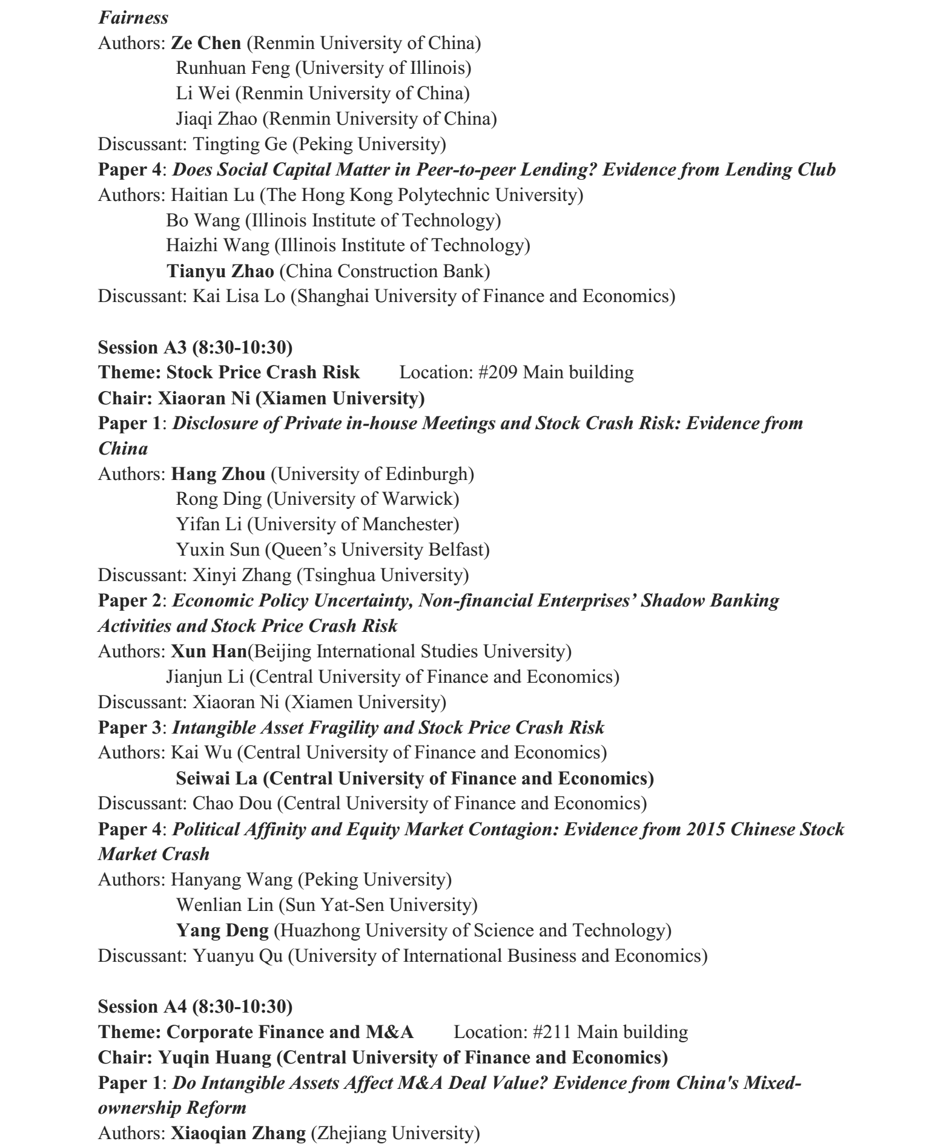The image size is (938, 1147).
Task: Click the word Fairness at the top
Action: coord(133,17)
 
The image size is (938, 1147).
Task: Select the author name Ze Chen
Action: coord(206,43)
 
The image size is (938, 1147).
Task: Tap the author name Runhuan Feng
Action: coord(233,68)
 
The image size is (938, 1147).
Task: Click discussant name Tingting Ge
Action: coord(240,144)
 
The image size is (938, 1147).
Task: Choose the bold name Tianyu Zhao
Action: coord(220,271)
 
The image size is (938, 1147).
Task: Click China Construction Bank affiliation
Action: coord(387,271)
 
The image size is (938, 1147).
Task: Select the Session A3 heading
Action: coord(195,347)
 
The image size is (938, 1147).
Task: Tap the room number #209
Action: coord(497,372)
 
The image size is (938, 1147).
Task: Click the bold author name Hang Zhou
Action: coord(218,473)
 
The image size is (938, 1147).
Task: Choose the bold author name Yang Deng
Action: coord(222,930)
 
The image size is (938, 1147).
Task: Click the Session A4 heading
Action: coord(195,1006)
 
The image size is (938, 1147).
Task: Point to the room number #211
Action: coord(552,1031)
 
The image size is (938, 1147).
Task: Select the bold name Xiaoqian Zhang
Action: coord(238,1132)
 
